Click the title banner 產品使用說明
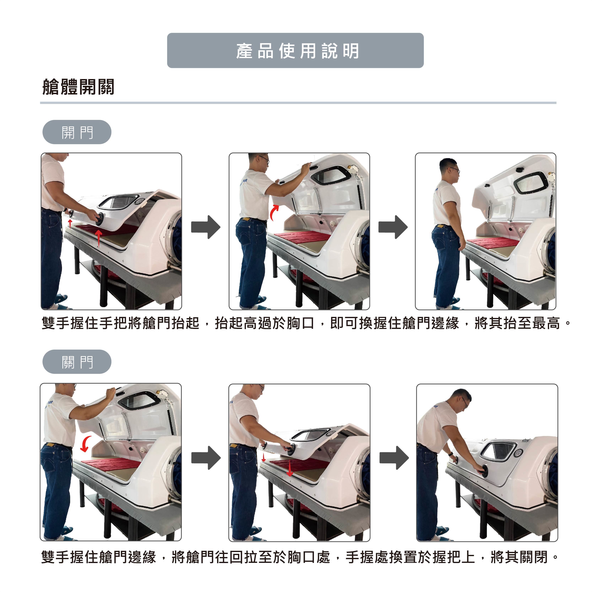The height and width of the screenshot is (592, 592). coord(295,51)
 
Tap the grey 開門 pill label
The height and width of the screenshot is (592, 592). coord(77,132)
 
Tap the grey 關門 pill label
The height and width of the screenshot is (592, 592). coord(77,362)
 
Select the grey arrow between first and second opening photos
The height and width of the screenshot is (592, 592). coord(206,227)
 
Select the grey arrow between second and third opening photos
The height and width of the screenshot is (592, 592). coord(393,227)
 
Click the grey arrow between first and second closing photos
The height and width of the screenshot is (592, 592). coord(206,458)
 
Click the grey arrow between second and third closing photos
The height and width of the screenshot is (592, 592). coord(394,458)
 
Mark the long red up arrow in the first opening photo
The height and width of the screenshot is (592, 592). coord(98,239)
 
